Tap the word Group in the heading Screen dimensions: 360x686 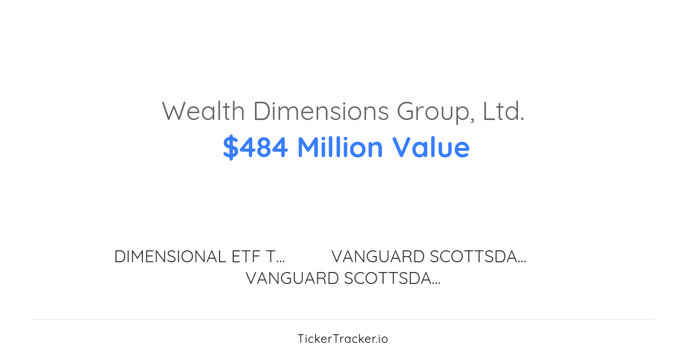point(433,111)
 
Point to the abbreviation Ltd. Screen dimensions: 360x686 point(503,111)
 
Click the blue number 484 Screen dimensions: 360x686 point(264,147)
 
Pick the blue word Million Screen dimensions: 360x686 point(340,147)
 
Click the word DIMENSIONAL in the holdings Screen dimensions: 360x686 point(170,257)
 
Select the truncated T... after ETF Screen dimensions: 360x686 point(276,257)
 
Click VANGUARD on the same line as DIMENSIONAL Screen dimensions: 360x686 point(378,257)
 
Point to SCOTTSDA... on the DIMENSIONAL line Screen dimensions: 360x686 point(478,257)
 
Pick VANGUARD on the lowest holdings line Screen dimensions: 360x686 point(292,278)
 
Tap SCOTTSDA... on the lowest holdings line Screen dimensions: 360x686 point(392,278)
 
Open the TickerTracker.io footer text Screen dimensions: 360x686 point(342,339)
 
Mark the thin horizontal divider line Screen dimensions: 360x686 point(343,319)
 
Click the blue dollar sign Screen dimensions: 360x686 point(230,147)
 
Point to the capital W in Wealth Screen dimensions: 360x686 point(173,111)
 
